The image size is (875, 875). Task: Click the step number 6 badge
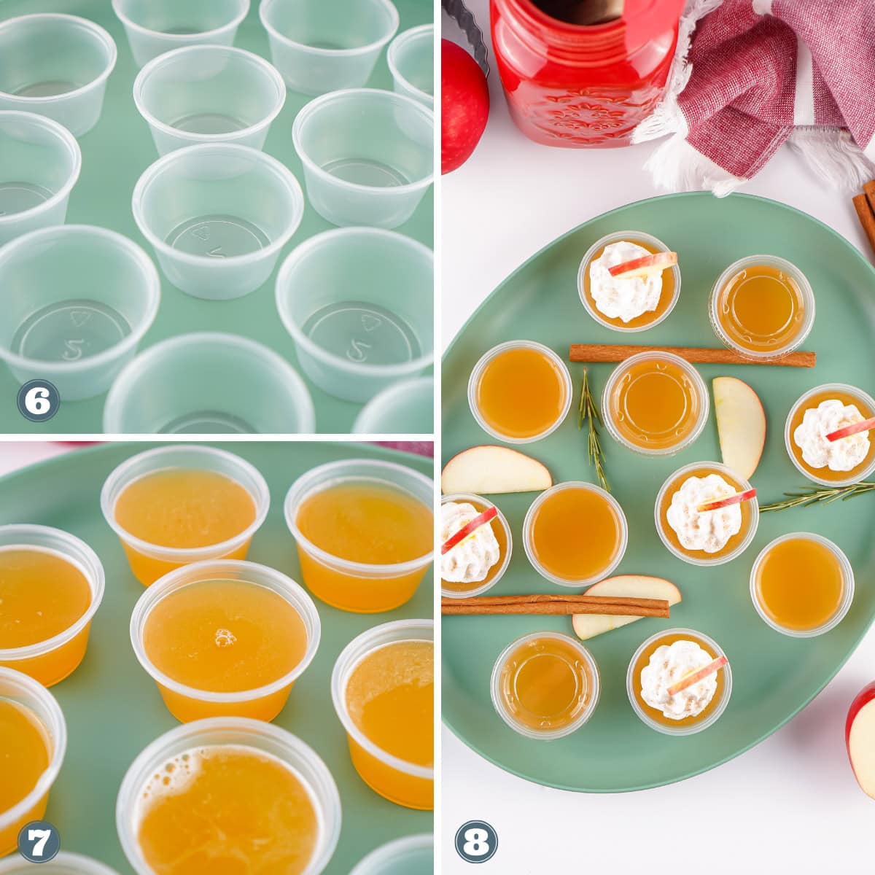point(38,401)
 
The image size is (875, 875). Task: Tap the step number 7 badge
point(38,843)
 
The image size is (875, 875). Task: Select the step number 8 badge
point(476,842)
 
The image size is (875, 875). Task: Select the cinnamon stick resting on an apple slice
point(554,606)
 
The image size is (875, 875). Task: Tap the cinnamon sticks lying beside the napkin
point(866,211)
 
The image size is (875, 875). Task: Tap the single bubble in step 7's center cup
point(225,637)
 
